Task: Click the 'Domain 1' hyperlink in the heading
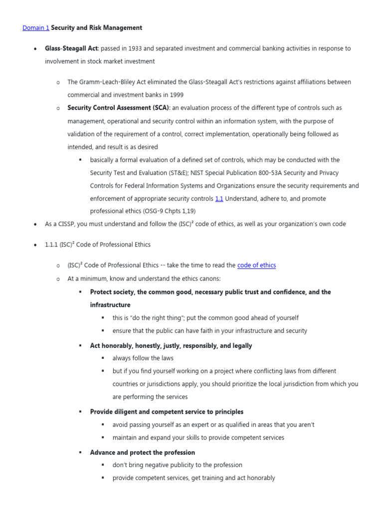click(x=36, y=28)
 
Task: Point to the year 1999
click(x=176, y=95)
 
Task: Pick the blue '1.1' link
click(x=219, y=199)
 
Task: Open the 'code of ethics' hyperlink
click(x=256, y=265)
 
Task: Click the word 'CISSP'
click(x=65, y=224)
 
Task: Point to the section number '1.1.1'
click(x=52, y=245)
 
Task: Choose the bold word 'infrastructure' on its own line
click(x=110, y=305)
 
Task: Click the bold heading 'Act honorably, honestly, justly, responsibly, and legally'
click(x=171, y=346)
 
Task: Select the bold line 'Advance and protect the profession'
click(x=142, y=453)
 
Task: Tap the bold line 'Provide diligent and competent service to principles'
click(x=167, y=412)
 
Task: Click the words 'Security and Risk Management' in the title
click(x=97, y=28)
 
